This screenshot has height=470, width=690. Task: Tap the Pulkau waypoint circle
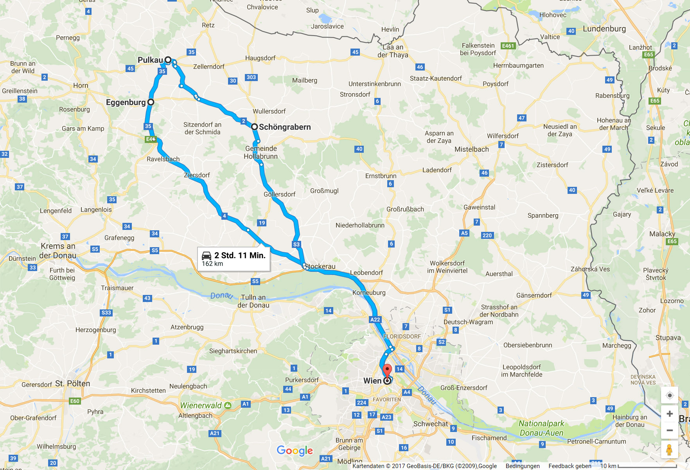[168, 60]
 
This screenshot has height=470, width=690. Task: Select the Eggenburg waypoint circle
[151, 102]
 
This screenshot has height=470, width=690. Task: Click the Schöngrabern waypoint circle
[254, 127]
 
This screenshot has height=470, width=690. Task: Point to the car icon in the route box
[207, 256]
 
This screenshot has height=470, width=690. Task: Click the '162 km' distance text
[212, 264]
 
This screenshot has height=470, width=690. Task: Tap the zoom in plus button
[670, 414]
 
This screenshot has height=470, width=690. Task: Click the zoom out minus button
[670, 430]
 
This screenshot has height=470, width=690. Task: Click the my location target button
[670, 395]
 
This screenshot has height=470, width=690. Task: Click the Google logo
[295, 451]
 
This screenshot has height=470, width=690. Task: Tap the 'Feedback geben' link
[570, 466]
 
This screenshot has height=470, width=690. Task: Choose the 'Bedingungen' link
[523, 466]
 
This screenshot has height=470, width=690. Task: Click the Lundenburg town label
[604, 29]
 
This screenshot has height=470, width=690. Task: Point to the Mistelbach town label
[472, 149]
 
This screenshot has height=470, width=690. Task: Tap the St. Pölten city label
[73, 383]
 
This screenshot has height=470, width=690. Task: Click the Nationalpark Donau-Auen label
[541, 428]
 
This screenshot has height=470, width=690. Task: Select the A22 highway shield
[375, 320]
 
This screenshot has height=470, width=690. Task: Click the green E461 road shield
[508, 46]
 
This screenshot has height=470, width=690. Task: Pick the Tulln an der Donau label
[253, 301]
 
